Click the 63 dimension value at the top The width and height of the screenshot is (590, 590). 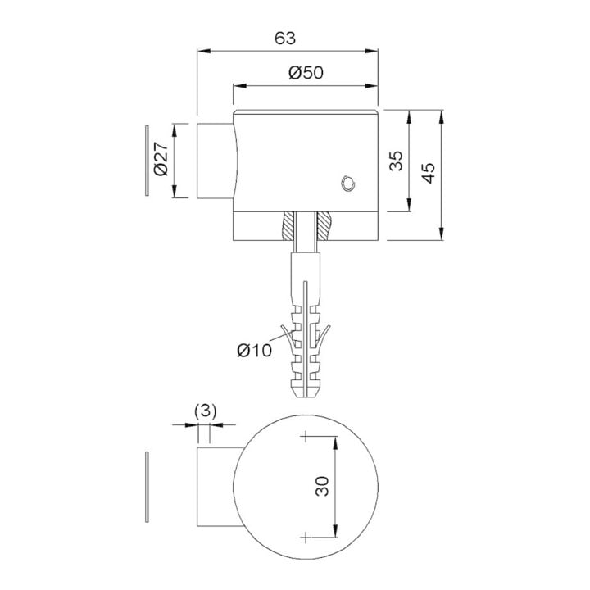coord(285,39)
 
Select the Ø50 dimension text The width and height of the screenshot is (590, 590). coord(306,73)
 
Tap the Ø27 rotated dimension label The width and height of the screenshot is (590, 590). coord(161,159)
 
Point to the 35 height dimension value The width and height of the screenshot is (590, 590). coord(396,161)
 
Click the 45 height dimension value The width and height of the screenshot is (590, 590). coord(429,173)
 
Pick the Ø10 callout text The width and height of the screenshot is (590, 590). coord(254,351)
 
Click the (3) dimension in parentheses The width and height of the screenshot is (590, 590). coord(206,411)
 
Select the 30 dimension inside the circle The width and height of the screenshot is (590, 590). coord(322,486)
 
